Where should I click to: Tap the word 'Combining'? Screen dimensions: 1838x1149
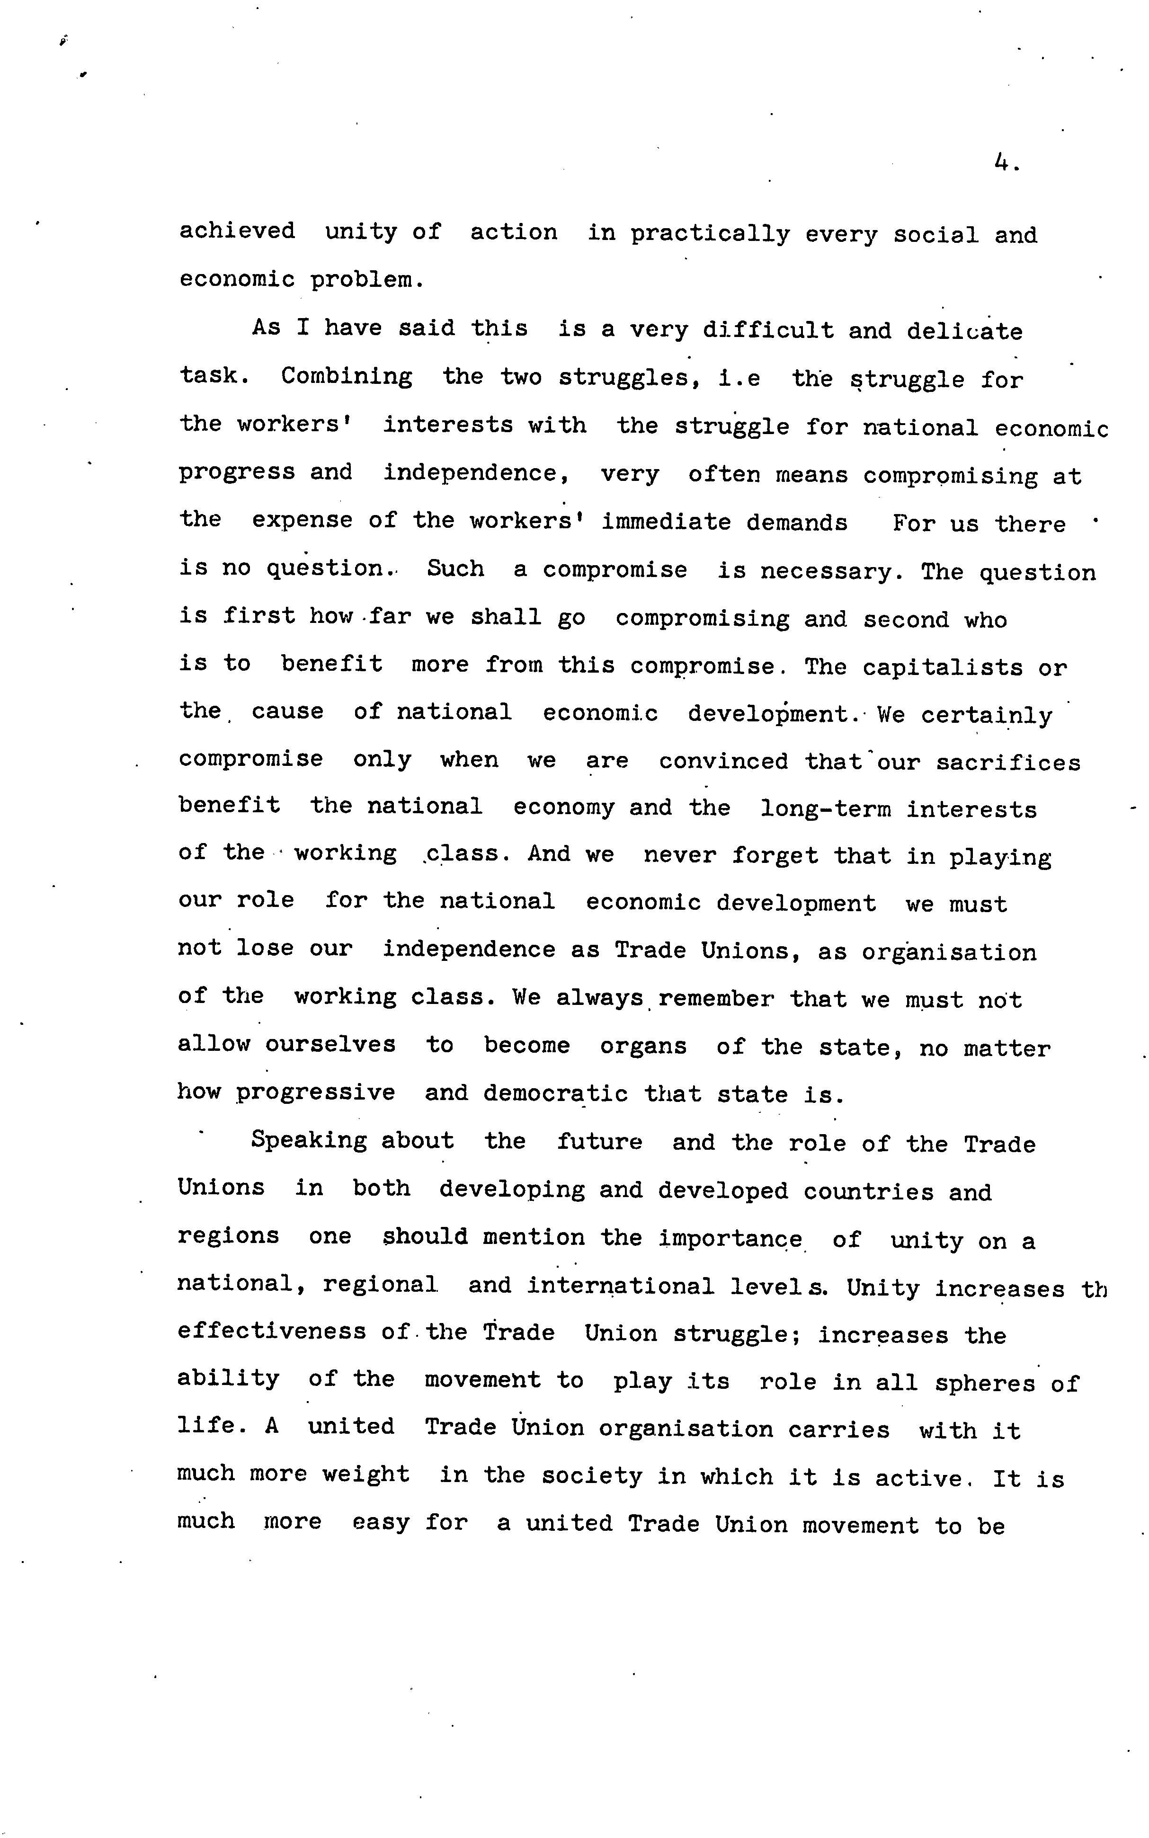pyautogui.click(x=347, y=377)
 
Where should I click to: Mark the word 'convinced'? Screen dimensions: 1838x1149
pyautogui.click(x=723, y=761)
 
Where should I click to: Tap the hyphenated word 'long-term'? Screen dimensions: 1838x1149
pyautogui.click(x=825, y=810)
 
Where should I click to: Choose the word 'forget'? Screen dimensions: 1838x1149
pyautogui.click(x=775, y=856)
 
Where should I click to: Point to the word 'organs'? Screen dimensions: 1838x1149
pyautogui.click(x=643, y=1046)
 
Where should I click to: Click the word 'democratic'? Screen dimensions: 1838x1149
pyautogui.click(x=555, y=1094)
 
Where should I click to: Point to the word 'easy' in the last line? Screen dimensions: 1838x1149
pyautogui.click(x=381, y=1523)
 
